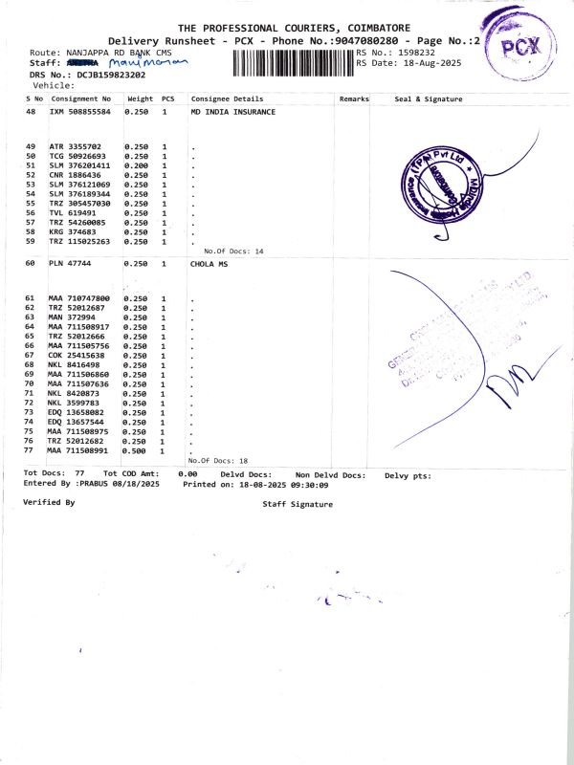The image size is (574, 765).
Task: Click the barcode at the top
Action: [x=293, y=64]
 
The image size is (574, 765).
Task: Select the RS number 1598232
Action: [x=416, y=52]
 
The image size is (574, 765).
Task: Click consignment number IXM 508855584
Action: [x=80, y=112]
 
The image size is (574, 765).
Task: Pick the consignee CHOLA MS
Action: [x=210, y=263]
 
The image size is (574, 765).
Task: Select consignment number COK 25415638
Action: [x=80, y=355]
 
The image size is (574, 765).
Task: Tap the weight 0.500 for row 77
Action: [x=137, y=450]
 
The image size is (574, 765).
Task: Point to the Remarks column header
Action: [x=354, y=98]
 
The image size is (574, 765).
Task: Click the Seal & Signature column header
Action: [x=429, y=98]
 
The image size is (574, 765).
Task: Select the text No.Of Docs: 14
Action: [x=233, y=251]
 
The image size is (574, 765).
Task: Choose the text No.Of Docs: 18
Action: [x=218, y=461]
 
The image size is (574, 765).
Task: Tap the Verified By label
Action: [x=49, y=501]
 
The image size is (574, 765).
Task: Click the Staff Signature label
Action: [x=298, y=502]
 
